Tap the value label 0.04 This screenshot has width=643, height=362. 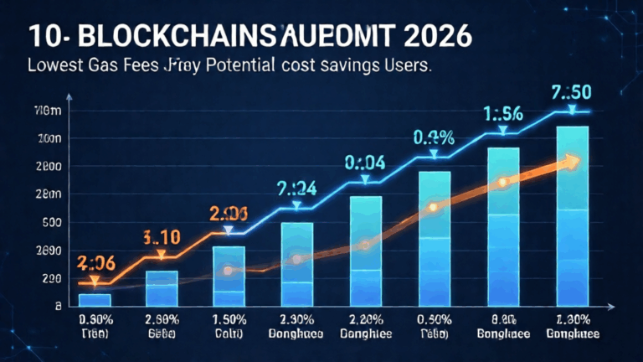(x=364, y=162)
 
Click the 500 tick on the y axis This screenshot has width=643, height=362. (x=52, y=223)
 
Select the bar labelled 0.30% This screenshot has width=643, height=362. (x=95, y=299)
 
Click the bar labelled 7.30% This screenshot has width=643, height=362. (x=571, y=214)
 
